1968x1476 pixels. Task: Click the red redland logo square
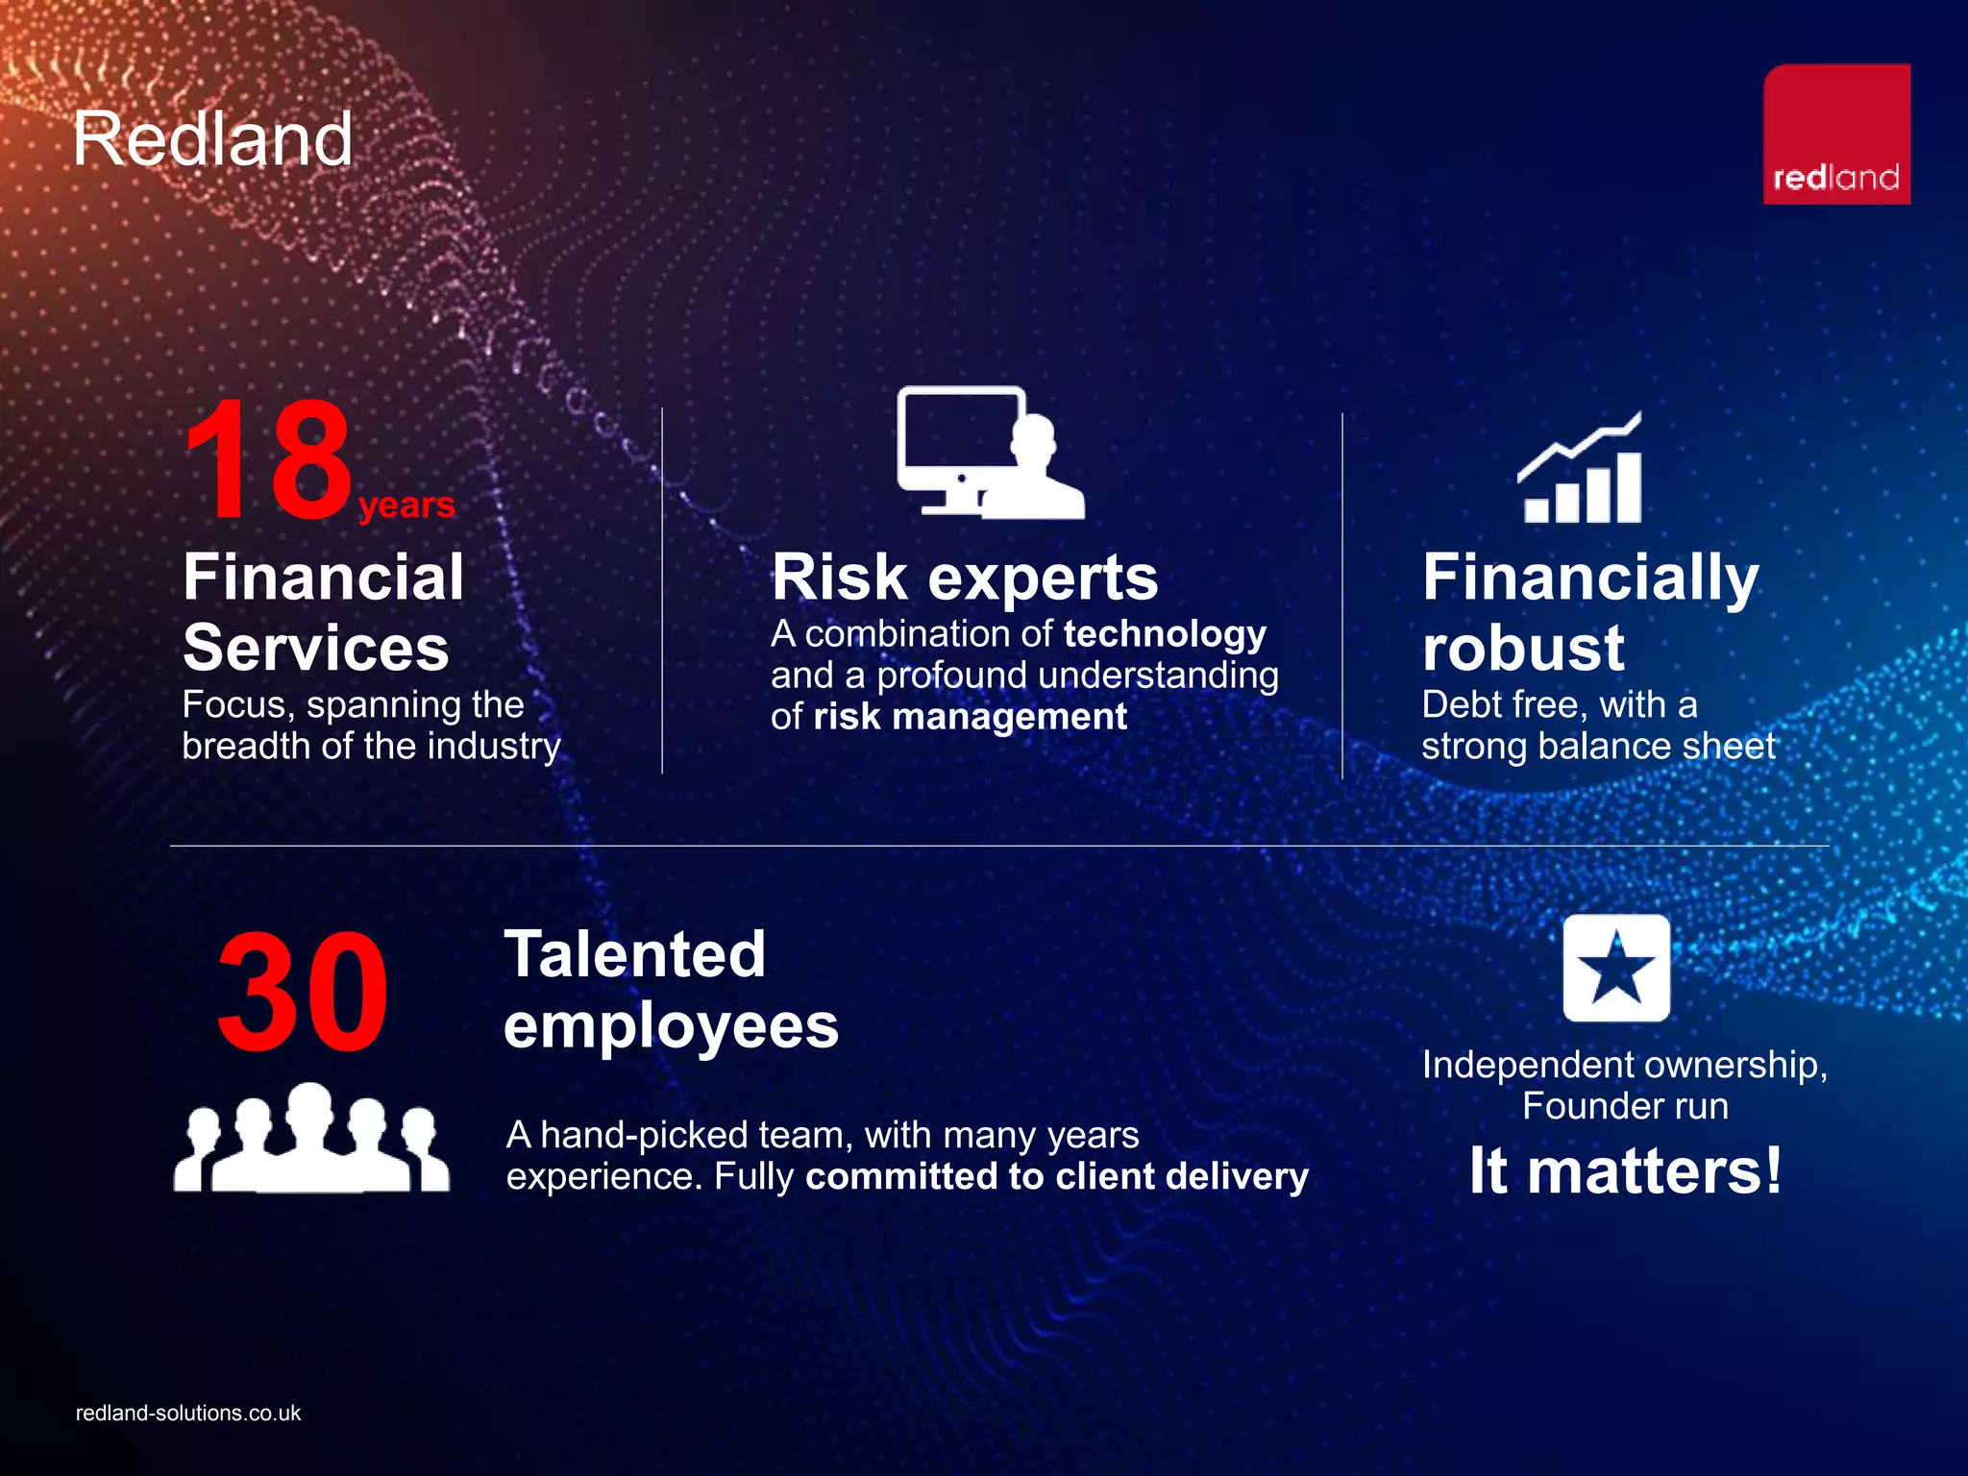pos(1835,134)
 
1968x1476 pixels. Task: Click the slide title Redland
pos(212,139)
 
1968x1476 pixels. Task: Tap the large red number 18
pos(268,461)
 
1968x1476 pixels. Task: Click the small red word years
pos(406,504)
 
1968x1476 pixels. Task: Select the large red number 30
pos(302,993)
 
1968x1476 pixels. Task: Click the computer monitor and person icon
pos(990,453)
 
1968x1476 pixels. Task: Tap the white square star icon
pos(1615,968)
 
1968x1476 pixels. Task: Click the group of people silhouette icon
pos(310,1139)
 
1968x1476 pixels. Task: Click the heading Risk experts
pos(965,578)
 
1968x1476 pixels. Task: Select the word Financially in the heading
pos(1590,578)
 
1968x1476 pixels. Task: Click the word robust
pos(1523,648)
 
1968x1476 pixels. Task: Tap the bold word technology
pos(1165,634)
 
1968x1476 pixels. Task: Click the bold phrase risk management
pos(970,717)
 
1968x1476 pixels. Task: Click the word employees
pos(671,1025)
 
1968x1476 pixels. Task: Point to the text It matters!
pos(1625,1170)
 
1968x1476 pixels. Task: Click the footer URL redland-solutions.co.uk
pos(188,1413)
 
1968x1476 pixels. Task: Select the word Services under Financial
pos(316,648)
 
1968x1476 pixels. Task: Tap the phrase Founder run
pos(1625,1106)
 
